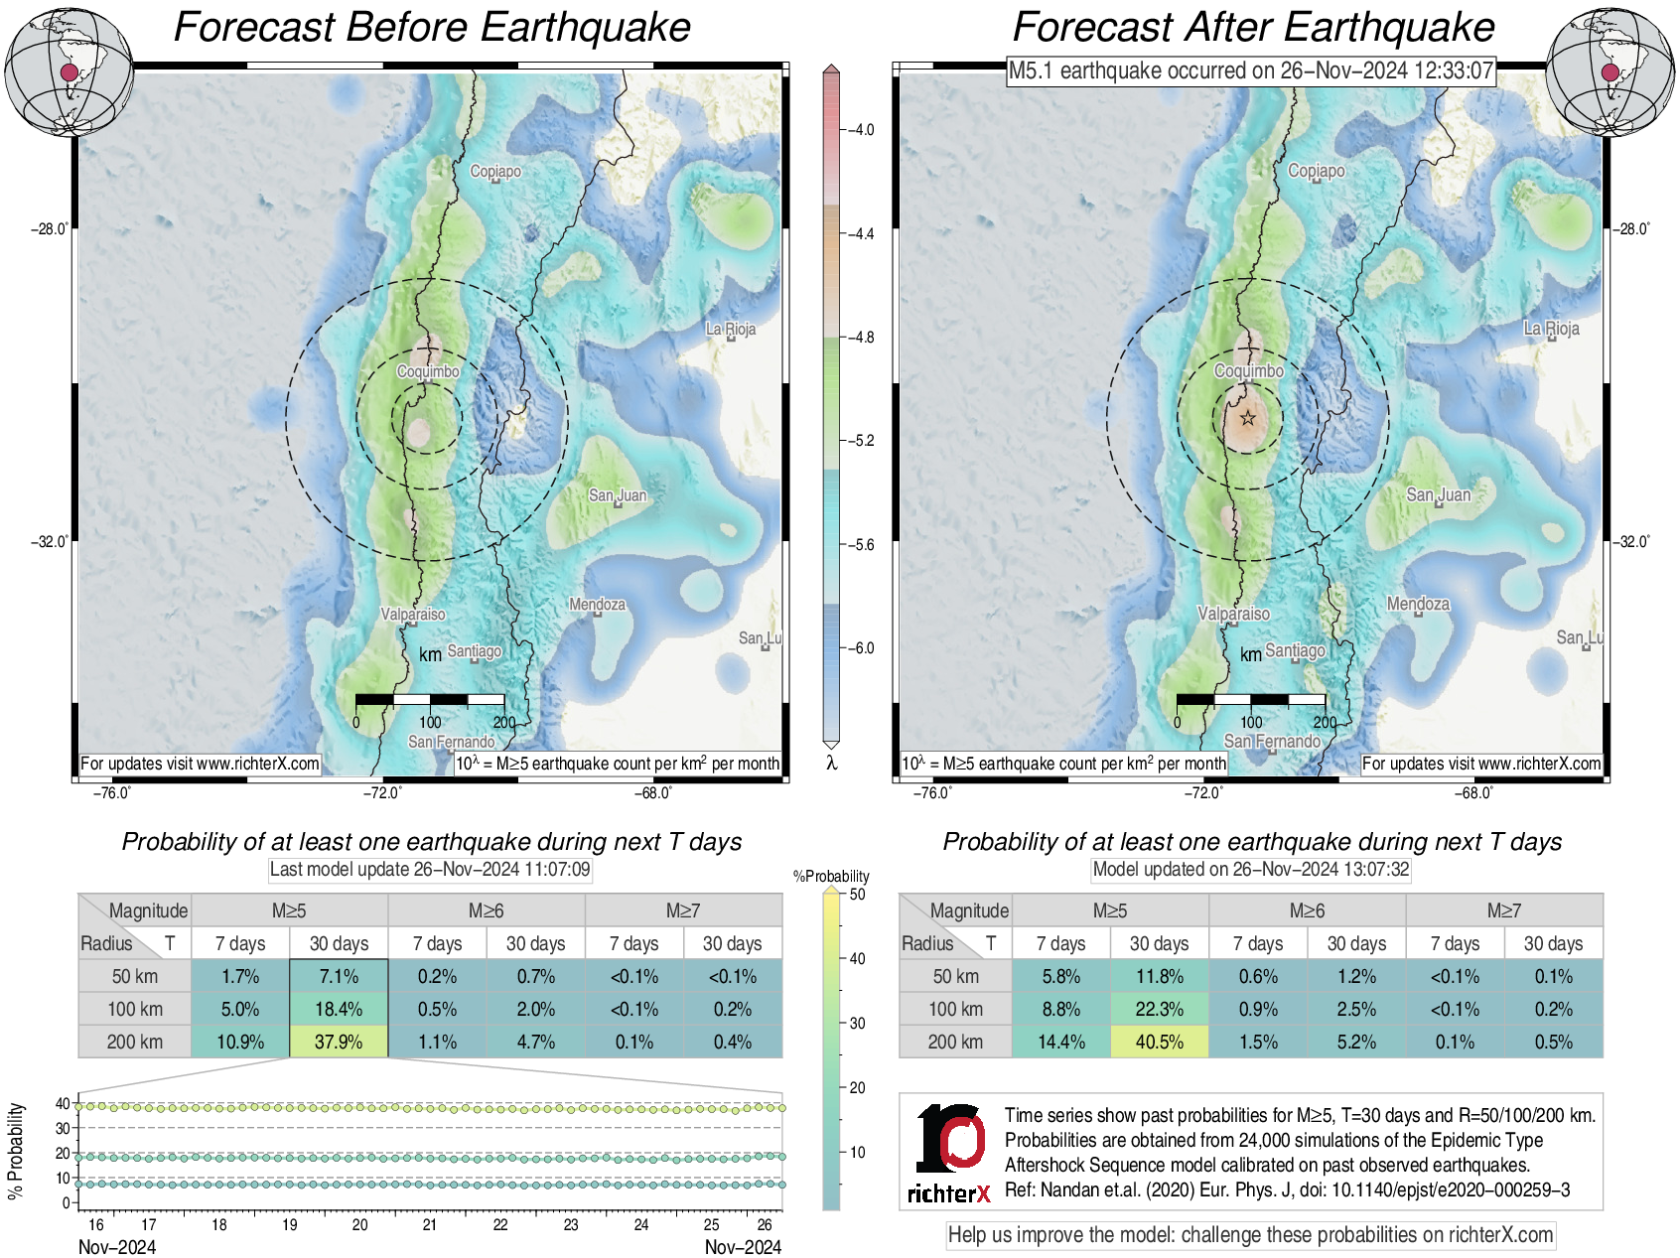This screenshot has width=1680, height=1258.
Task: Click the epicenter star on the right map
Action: point(1248,418)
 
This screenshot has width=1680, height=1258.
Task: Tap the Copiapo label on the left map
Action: point(495,172)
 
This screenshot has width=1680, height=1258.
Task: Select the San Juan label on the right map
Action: point(1439,494)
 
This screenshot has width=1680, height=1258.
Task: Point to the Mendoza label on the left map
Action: point(597,604)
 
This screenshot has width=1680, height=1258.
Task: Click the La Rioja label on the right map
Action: point(1551,329)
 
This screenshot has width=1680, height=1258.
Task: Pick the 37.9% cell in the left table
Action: point(339,1042)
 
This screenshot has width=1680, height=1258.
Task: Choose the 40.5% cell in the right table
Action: point(1159,1042)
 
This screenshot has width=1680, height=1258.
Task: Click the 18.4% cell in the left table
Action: point(339,1009)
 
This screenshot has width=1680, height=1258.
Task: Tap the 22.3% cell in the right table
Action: point(1159,1009)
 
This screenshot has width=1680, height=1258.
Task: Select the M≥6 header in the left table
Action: point(486,910)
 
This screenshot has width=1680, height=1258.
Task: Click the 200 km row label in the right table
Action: point(955,1042)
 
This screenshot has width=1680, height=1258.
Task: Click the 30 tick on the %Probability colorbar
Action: point(857,1023)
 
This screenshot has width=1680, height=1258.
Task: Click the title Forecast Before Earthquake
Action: point(432,27)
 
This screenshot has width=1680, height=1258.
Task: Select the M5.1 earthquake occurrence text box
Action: point(1251,70)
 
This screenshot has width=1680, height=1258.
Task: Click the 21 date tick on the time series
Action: point(430,1224)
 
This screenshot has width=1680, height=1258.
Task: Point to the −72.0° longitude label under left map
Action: point(382,792)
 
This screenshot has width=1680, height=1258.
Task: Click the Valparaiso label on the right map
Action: point(1233,614)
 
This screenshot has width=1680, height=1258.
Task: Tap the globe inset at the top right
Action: point(1610,71)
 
